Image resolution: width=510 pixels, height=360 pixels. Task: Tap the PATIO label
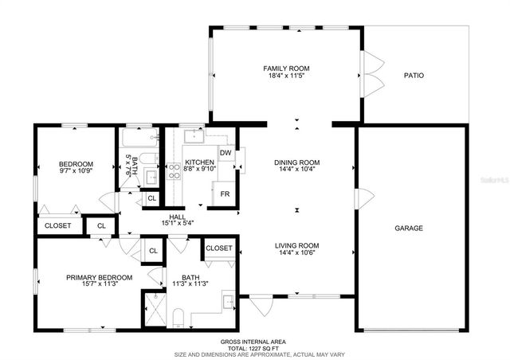pos(413,76)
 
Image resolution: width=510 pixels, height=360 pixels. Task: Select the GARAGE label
pos(409,229)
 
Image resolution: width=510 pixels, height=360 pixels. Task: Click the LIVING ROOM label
pos(297,245)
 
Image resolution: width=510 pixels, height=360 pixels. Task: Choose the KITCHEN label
pos(198,162)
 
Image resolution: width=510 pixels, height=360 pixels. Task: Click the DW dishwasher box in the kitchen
pos(226,153)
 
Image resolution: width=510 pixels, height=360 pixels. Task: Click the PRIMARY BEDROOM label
pos(99,277)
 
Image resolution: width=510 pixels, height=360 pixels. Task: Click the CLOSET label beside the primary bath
pos(218,248)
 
